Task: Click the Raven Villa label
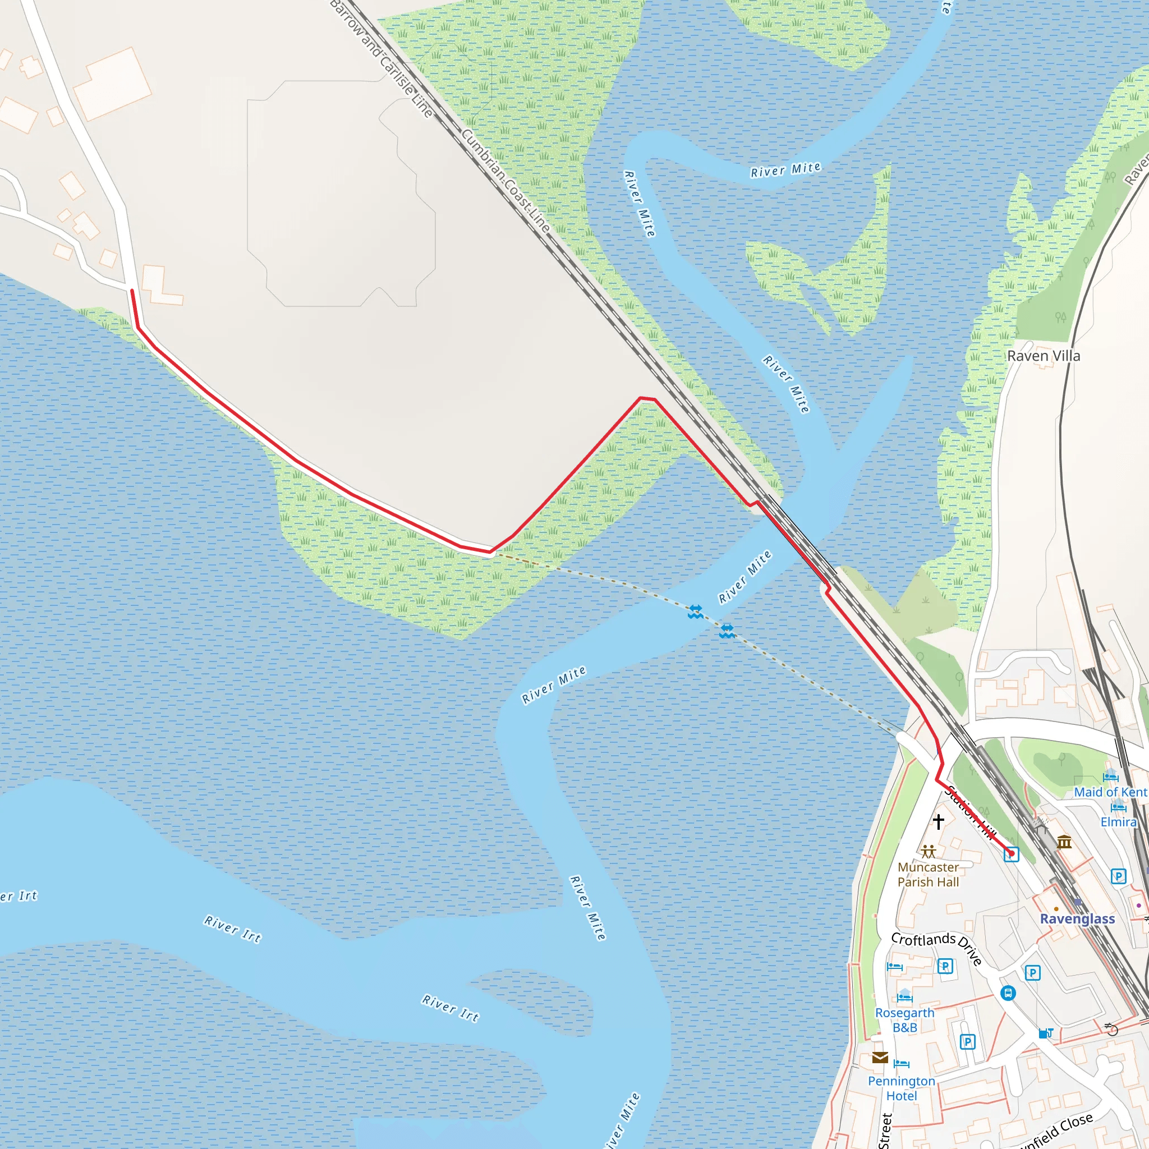[1043, 356]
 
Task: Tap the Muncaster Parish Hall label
[928, 874]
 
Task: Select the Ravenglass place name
[1077, 919]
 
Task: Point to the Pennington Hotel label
[902, 1088]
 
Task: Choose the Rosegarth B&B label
[904, 1020]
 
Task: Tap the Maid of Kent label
[1110, 792]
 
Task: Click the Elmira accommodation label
[1118, 822]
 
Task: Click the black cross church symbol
[939, 821]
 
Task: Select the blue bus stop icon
[1008, 993]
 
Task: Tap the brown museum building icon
[1064, 842]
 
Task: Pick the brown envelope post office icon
[880, 1058]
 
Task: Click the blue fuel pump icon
[1046, 1033]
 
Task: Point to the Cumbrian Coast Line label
[506, 180]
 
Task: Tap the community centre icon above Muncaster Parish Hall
[929, 852]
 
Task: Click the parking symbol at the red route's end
[1011, 854]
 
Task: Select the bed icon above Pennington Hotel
[902, 1063]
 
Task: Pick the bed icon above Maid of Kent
[1110, 776]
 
